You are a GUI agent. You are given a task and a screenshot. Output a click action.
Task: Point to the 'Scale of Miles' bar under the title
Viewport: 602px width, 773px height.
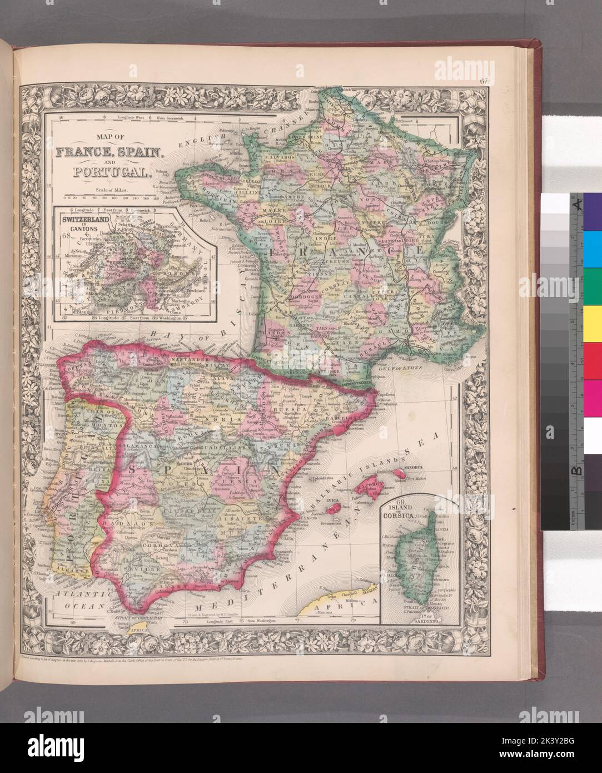pos(107,196)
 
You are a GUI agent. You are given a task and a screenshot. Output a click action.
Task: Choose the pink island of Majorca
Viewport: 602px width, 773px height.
pos(371,490)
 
